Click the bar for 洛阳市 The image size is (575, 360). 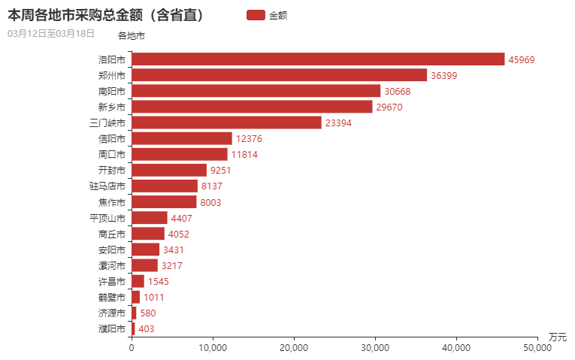click(x=318, y=59)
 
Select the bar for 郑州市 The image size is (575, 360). click(x=279, y=75)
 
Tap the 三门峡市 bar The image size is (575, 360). click(x=226, y=123)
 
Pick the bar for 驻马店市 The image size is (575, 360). click(x=165, y=186)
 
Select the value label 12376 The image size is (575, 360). click(x=249, y=138)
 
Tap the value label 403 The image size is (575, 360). click(x=147, y=328)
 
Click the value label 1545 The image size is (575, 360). click(x=159, y=281)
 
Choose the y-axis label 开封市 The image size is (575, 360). click(x=112, y=170)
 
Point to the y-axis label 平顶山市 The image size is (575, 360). click(x=107, y=218)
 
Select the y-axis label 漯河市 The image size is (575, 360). click(x=112, y=265)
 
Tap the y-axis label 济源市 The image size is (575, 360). click(x=112, y=313)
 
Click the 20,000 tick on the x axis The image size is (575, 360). click(x=294, y=348)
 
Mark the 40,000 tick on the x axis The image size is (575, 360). click(x=456, y=348)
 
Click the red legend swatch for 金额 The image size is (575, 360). click(x=256, y=15)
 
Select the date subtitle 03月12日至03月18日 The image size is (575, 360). click(x=51, y=34)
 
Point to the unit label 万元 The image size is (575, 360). click(x=557, y=336)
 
